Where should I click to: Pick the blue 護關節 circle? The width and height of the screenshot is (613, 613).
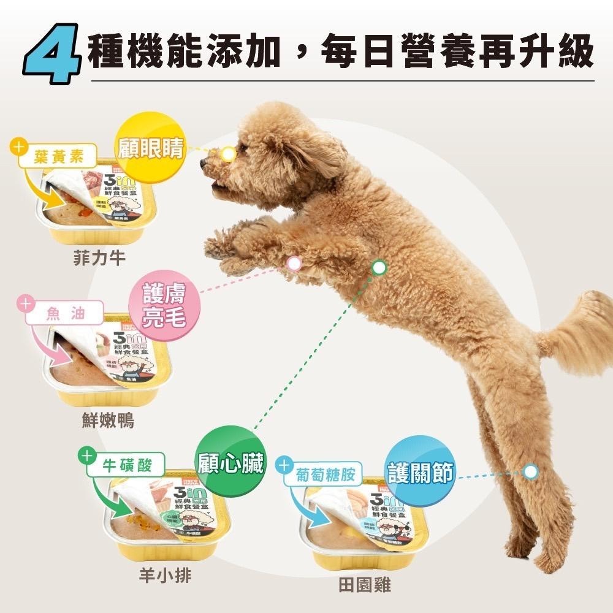421,472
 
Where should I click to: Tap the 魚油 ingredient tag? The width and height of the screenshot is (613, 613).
63,314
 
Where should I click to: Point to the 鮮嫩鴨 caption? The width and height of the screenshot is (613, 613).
107,421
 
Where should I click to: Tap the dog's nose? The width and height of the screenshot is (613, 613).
204,162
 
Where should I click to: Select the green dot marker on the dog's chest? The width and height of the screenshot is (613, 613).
379,267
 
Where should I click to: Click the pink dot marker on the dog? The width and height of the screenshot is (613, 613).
294,263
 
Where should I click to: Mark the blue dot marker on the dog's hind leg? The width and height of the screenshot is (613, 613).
531,471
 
